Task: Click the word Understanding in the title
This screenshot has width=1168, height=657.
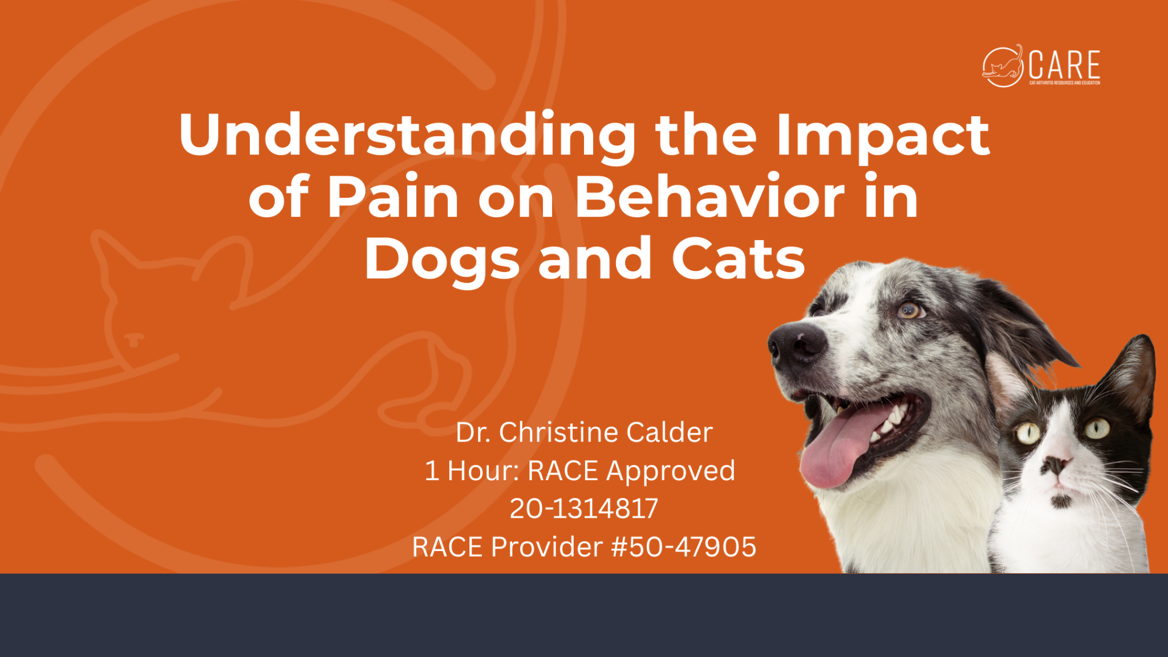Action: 407,136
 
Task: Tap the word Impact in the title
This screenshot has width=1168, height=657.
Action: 883,136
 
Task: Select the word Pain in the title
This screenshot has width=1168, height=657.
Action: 392,196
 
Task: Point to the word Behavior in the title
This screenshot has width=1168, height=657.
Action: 709,196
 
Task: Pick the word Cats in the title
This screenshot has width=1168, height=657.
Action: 738,258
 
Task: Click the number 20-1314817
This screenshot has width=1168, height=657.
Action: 584,509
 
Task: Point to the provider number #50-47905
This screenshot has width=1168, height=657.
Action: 684,547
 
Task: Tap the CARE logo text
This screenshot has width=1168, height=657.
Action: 1064,65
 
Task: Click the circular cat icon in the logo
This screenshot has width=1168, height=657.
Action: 1003,66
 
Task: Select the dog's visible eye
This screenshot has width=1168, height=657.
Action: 909,310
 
